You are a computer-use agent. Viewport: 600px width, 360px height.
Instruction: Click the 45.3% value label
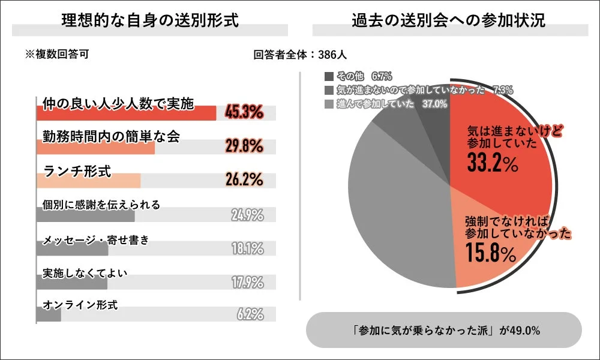244,112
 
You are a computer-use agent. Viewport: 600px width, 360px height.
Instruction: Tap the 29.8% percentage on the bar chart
244,145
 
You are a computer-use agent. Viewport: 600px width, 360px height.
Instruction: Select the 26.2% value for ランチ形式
244,179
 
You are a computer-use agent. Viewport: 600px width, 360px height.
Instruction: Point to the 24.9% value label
247,214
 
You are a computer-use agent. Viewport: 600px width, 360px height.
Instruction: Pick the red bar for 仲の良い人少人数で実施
126,113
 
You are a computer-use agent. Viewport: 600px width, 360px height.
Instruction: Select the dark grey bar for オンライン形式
49,314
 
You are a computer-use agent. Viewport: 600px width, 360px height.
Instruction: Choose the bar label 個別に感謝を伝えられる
101,205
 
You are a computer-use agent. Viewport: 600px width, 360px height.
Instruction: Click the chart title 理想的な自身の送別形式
150,20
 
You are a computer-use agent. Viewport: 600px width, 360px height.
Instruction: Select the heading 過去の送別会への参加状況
449,20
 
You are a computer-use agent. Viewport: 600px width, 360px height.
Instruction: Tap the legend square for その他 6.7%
329,76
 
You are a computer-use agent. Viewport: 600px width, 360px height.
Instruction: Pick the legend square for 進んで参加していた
329,104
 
